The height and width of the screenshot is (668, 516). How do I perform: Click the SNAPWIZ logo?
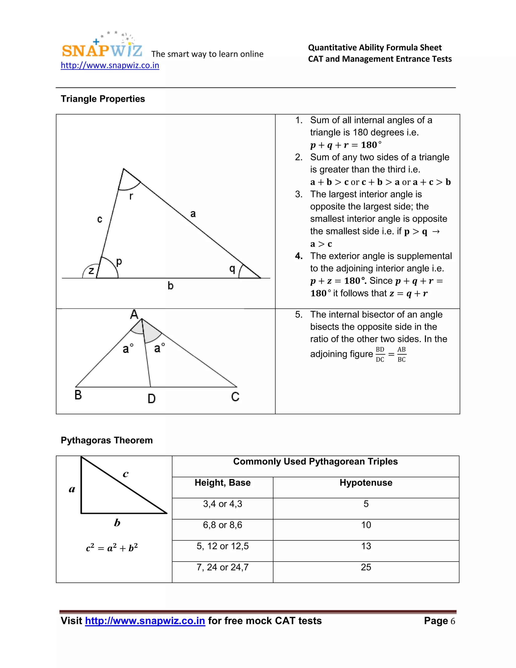[102, 49]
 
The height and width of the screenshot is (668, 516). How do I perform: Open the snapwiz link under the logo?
[110, 66]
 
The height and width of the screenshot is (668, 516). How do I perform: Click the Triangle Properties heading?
[103, 99]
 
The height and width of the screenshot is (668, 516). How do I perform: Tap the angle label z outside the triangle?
[91, 271]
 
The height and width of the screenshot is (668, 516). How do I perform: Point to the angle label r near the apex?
[131, 196]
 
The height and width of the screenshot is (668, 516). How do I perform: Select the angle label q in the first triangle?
[232, 269]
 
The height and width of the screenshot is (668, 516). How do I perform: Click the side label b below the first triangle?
[171, 286]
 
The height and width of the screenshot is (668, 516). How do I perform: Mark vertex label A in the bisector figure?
[134, 314]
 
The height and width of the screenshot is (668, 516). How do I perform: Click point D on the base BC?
[152, 398]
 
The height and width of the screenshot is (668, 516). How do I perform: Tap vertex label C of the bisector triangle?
[235, 397]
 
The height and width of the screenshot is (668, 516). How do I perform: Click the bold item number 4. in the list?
[299, 256]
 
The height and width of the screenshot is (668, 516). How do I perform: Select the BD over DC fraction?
[380, 354]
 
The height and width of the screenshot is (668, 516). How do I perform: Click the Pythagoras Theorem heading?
[107, 440]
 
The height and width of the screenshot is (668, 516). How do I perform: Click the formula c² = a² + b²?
[112, 548]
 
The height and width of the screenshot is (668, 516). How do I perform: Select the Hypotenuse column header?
[366, 483]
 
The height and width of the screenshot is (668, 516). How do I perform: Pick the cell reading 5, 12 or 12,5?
[222, 546]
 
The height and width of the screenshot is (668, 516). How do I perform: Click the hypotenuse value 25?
[366, 567]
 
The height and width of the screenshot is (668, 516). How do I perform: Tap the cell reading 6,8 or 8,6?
[222, 525]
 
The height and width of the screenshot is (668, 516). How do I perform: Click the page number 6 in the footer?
[453, 621]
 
